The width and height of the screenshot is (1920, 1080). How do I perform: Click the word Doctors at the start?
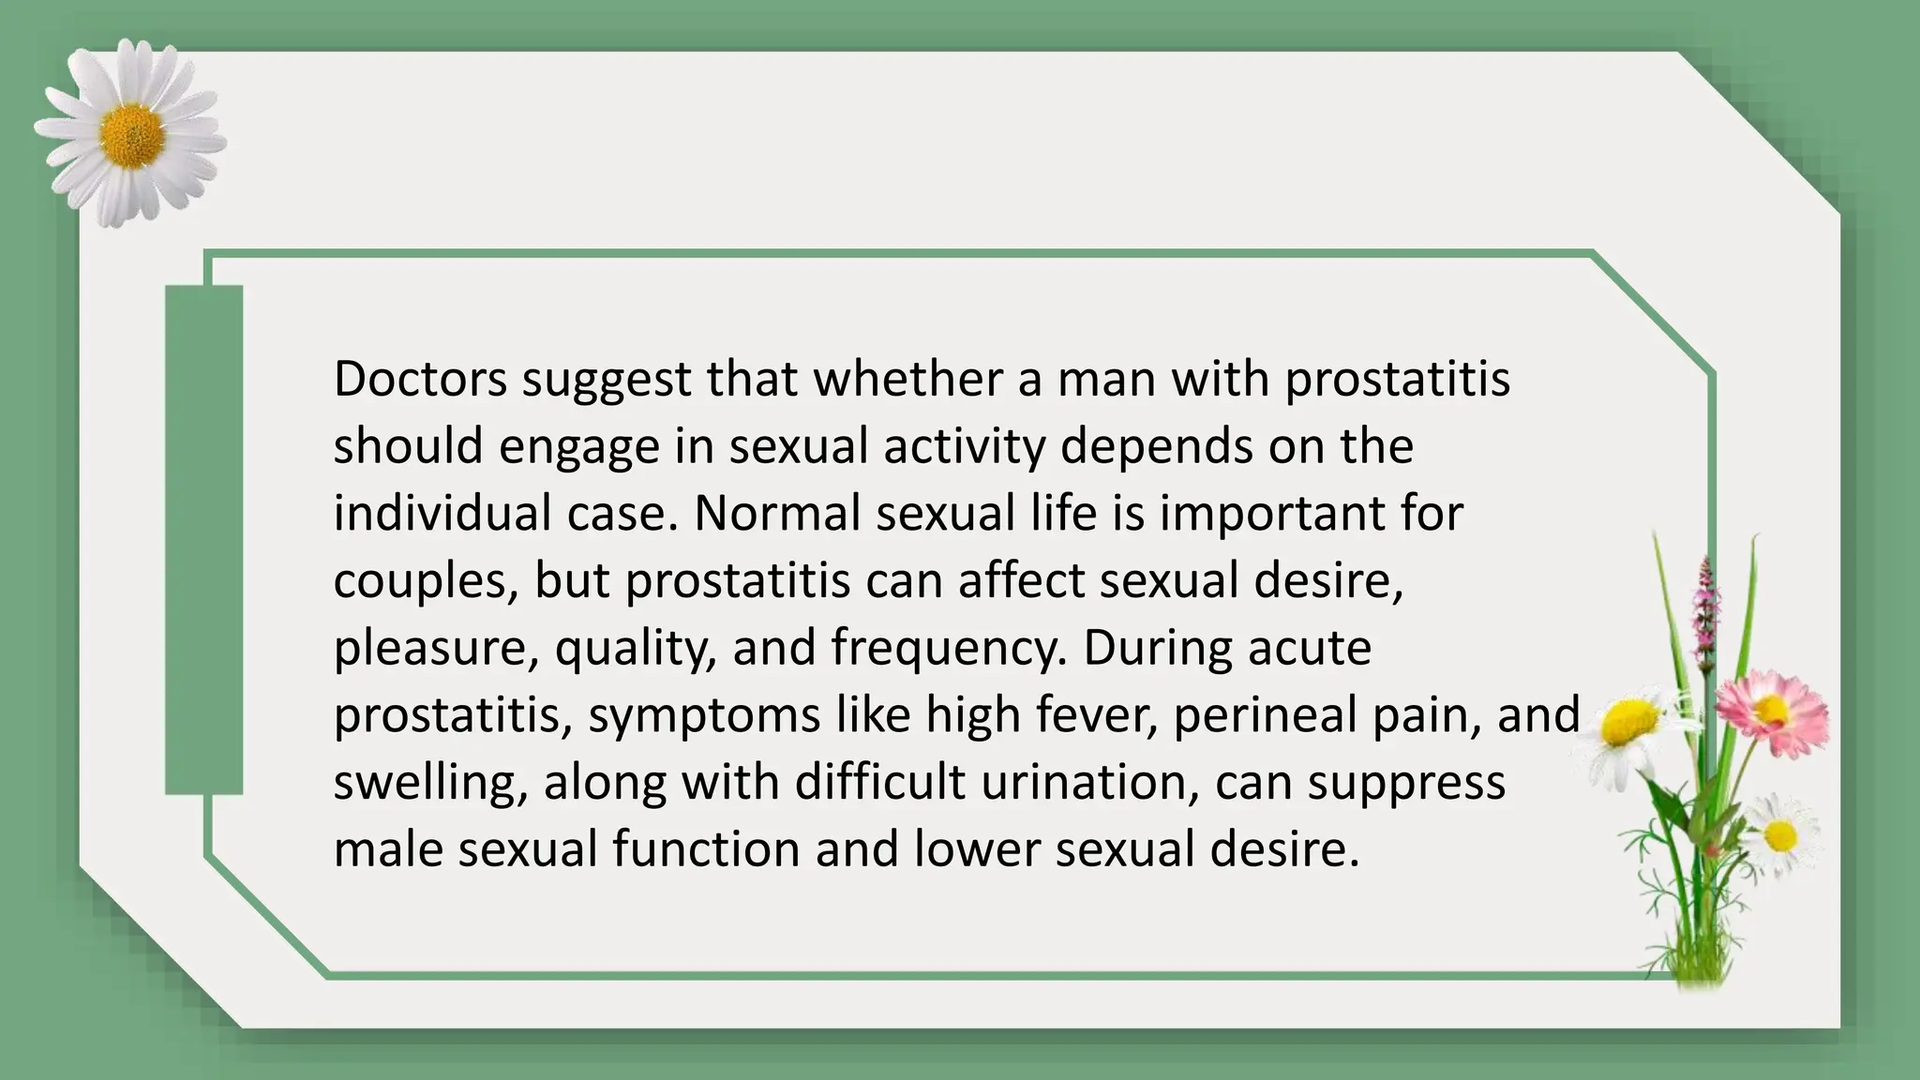[x=420, y=379]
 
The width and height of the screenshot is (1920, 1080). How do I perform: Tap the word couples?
[x=427, y=581]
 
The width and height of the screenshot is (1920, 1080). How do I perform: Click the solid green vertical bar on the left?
[x=204, y=540]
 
